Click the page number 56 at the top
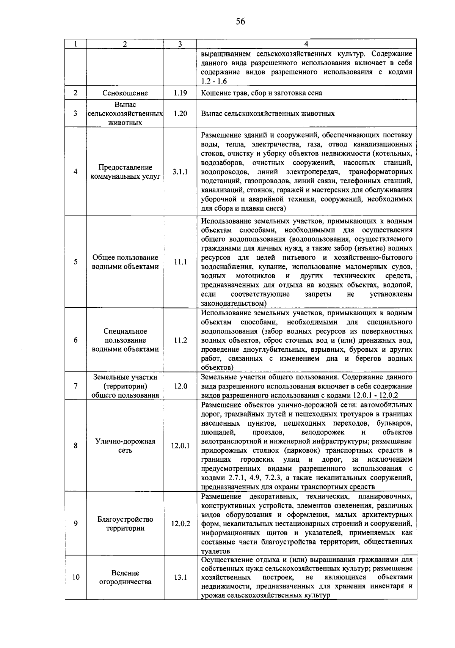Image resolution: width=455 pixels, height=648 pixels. tap(240, 21)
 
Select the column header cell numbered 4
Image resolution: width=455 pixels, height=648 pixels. tap(306, 44)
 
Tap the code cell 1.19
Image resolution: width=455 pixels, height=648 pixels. tap(180, 93)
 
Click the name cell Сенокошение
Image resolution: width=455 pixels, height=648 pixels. tap(125, 93)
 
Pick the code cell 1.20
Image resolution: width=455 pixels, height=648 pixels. tap(180, 113)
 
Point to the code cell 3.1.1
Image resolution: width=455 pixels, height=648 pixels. tap(180, 172)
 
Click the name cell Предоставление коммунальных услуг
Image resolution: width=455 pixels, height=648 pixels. tap(125, 172)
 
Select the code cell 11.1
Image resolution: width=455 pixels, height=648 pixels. tap(180, 262)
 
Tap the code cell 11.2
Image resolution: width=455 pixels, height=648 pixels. tap(180, 340)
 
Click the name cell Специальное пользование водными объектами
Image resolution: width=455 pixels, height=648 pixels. tap(125, 340)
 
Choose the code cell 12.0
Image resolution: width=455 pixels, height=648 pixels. tap(180, 386)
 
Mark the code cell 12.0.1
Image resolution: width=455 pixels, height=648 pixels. tap(180, 446)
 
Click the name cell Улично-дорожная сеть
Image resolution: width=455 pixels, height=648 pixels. tap(125, 446)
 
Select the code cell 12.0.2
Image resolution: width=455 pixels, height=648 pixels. tap(180, 524)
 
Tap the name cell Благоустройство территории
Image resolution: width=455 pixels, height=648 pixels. tap(125, 524)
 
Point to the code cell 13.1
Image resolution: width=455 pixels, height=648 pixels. tap(180, 577)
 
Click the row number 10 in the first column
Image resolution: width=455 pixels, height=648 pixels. tap(76, 577)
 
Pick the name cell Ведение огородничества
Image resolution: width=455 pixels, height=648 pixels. tap(125, 577)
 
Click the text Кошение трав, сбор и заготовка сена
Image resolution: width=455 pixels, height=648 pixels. tap(262, 93)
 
